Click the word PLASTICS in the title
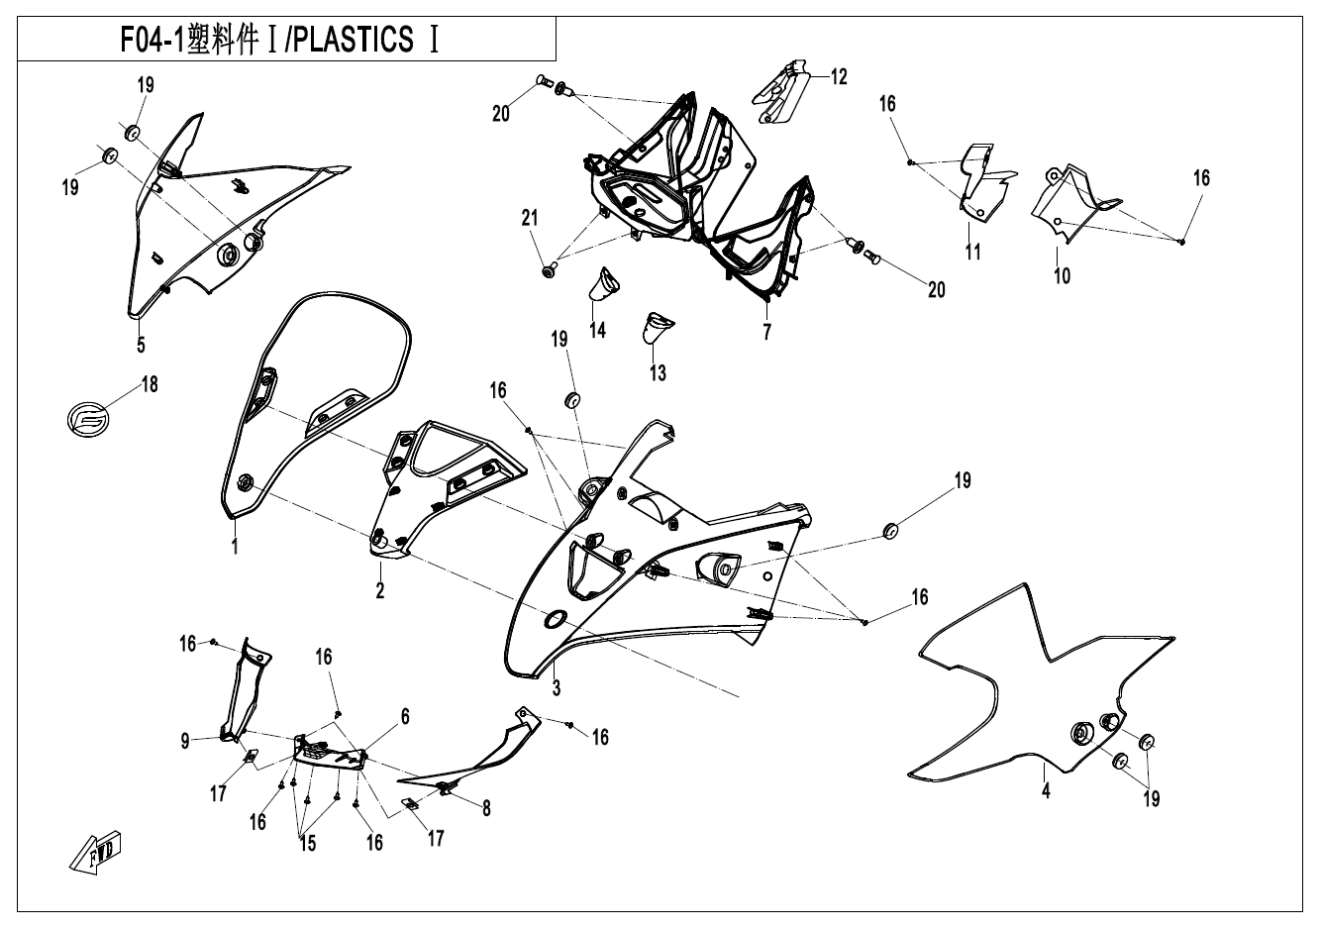click(354, 40)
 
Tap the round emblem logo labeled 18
click(88, 420)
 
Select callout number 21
click(530, 218)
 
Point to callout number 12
click(839, 76)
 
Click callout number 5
click(141, 345)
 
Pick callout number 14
click(597, 330)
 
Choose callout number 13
click(658, 372)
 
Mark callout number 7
click(766, 332)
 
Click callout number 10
click(1063, 275)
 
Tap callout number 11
click(972, 253)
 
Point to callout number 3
click(557, 687)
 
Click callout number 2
click(380, 590)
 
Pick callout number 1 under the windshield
click(235, 547)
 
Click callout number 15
click(307, 843)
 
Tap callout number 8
click(486, 808)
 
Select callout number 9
click(185, 741)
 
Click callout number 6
click(405, 716)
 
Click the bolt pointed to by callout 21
click(549, 270)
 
